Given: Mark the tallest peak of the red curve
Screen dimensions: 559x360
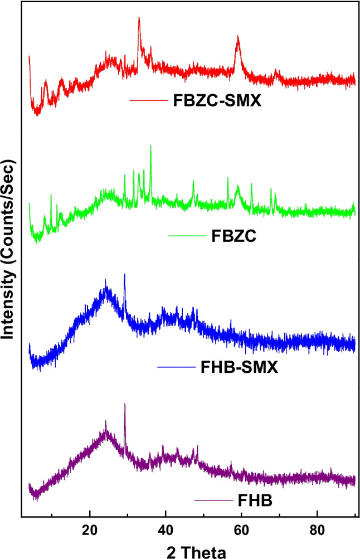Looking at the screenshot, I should [x=139, y=18].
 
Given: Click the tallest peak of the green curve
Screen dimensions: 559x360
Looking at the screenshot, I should [x=150, y=145].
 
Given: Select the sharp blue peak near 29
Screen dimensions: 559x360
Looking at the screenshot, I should [x=125, y=274].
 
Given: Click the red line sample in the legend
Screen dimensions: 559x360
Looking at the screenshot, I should [x=148, y=101].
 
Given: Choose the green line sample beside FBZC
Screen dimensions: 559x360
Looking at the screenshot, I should [x=187, y=236].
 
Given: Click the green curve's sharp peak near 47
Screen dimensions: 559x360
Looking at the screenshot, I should [x=193, y=181].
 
